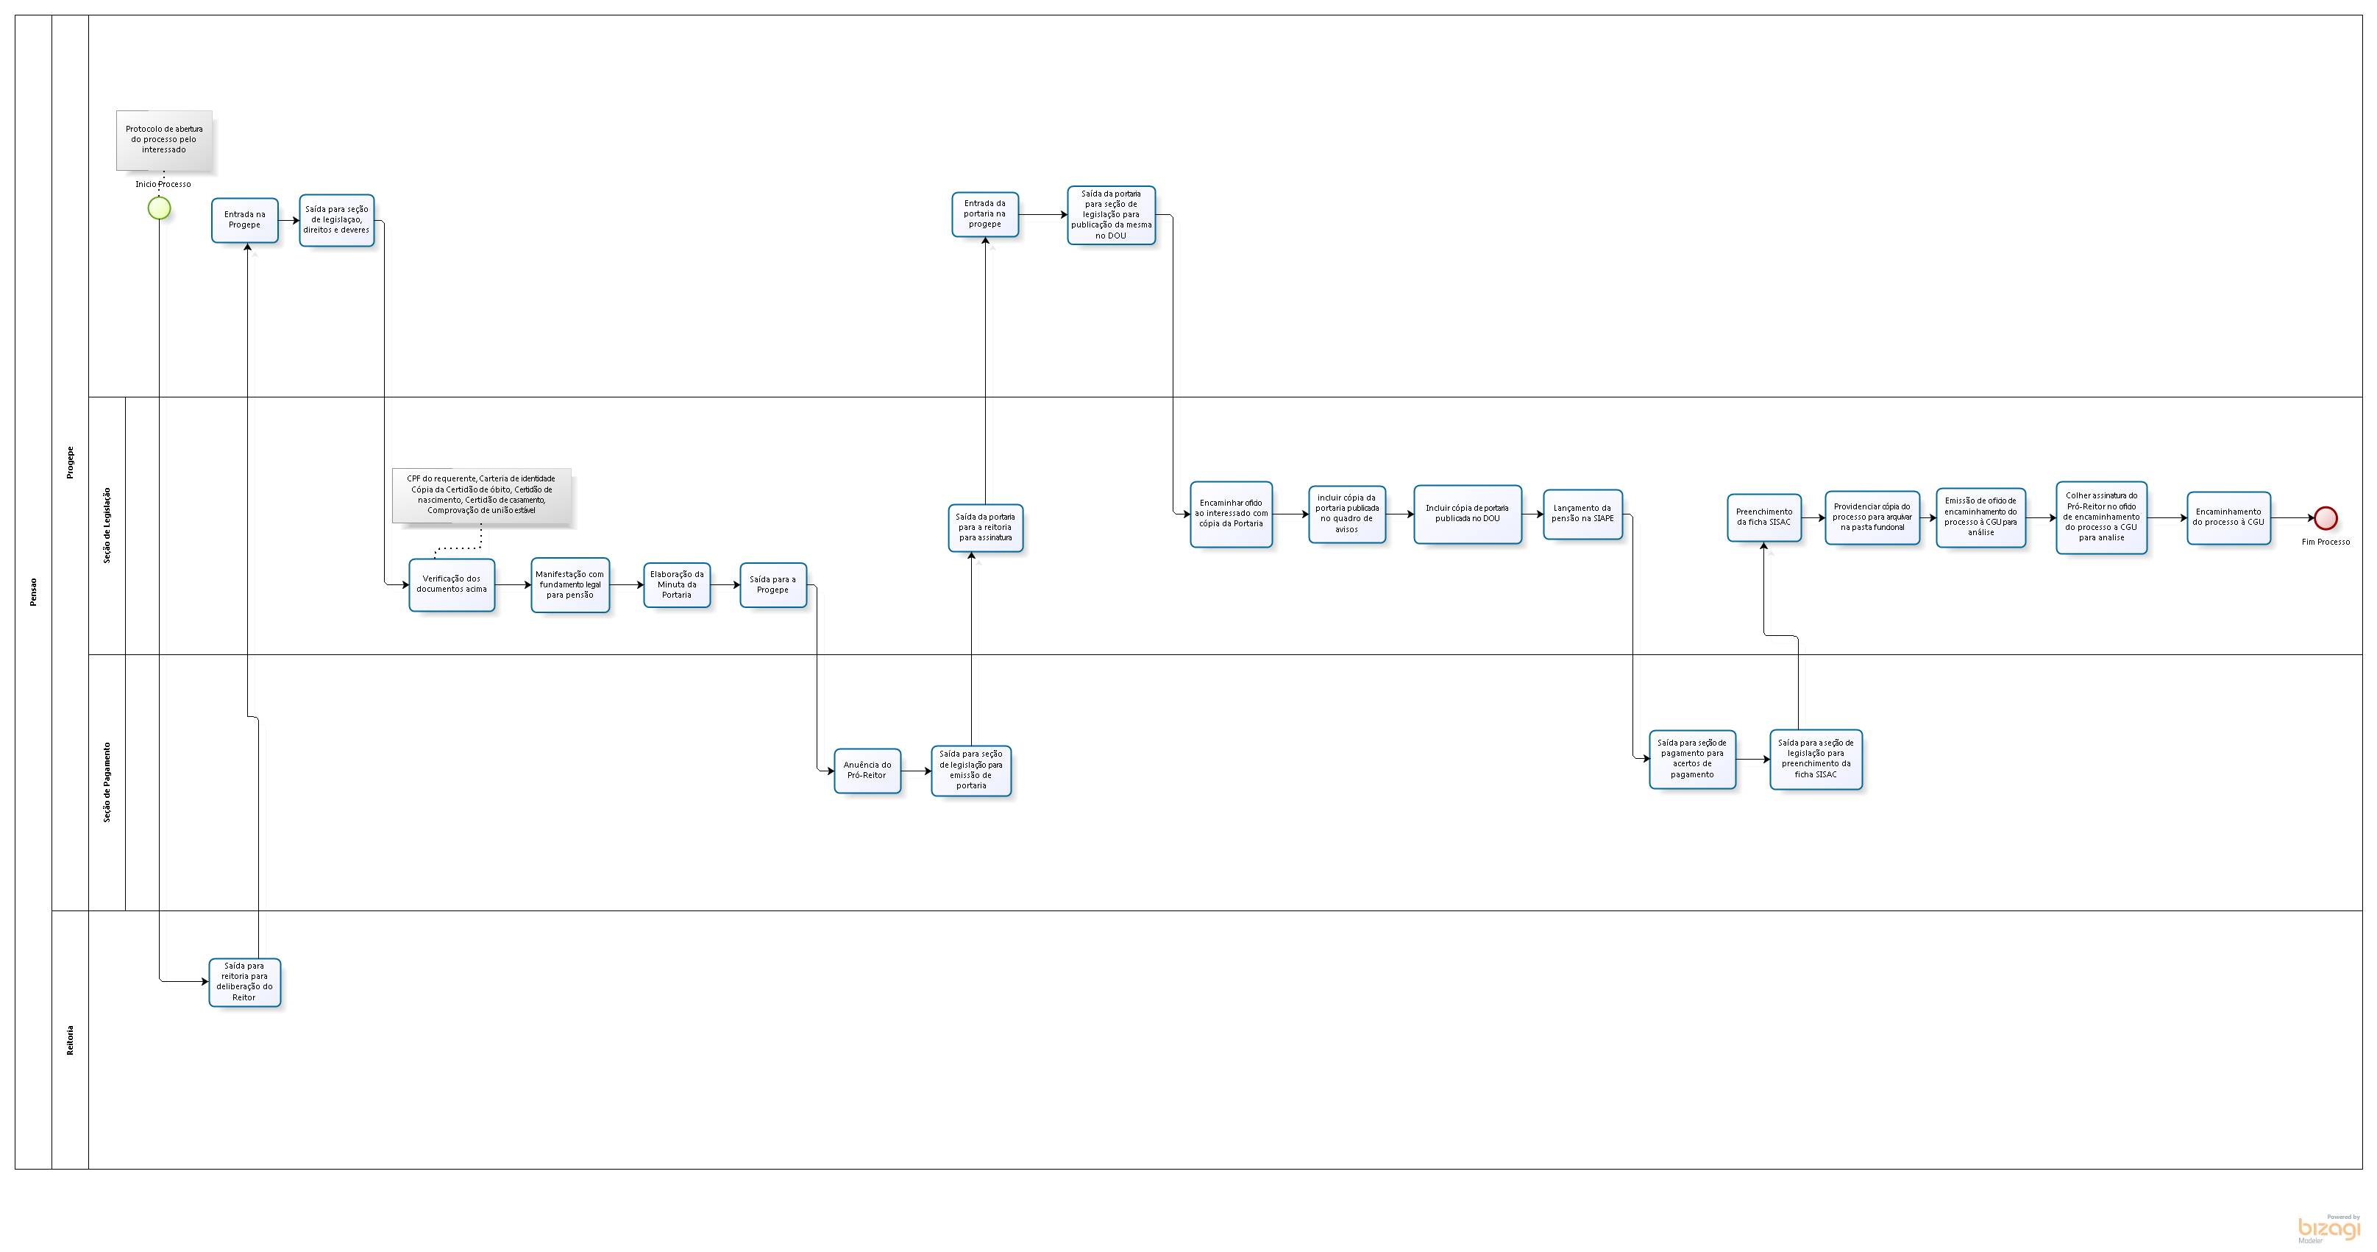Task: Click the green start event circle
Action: pyautogui.click(x=159, y=209)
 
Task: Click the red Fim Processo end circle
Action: pyautogui.click(x=2326, y=518)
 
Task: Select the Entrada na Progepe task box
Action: pyautogui.click(x=244, y=220)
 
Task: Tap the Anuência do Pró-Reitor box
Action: pyautogui.click(x=867, y=770)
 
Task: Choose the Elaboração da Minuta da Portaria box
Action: pyautogui.click(x=676, y=584)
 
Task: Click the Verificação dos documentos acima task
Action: pyautogui.click(x=451, y=584)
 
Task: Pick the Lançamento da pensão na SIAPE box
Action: pyautogui.click(x=1582, y=513)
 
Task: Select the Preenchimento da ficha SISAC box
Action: pyautogui.click(x=1763, y=517)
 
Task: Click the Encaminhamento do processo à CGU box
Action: pyautogui.click(x=2228, y=517)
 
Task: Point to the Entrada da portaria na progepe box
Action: pyautogui.click(x=984, y=214)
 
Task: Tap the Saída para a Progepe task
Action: pyautogui.click(x=772, y=584)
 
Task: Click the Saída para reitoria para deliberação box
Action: pyautogui.click(x=244, y=981)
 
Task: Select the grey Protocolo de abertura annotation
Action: pyautogui.click(x=164, y=141)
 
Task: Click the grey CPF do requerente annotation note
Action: pyautogui.click(x=480, y=495)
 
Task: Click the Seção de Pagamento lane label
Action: pyautogui.click(x=107, y=782)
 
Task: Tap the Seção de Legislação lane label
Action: pyautogui.click(x=107, y=526)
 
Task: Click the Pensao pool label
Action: pyautogui.click(x=33, y=592)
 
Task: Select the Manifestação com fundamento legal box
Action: pyautogui.click(x=570, y=584)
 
